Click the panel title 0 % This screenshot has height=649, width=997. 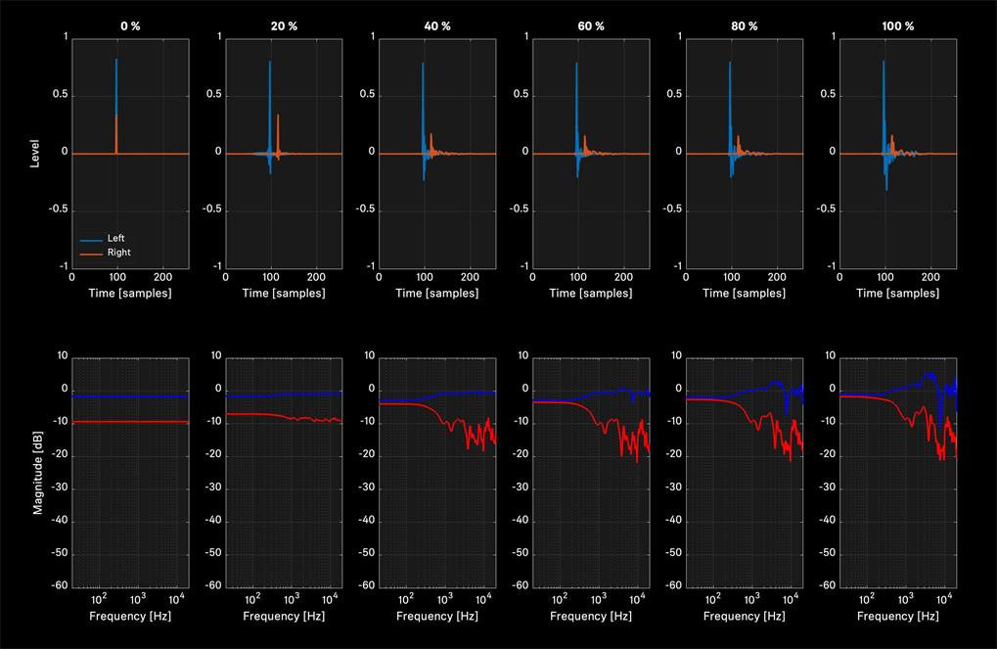pyautogui.click(x=130, y=26)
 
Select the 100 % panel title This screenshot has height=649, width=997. pyautogui.click(x=898, y=26)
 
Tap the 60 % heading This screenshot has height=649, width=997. pyautogui.click(x=591, y=26)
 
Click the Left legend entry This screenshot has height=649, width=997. pyautogui.click(x=115, y=238)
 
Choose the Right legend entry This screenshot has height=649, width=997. pyautogui.click(x=119, y=252)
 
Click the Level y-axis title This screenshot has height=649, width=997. pyautogui.click(x=34, y=154)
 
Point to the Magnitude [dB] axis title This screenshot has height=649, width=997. pyautogui.click(x=37, y=473)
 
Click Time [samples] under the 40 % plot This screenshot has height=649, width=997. pyautogui.click(x=436, y=293)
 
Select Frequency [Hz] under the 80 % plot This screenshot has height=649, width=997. pyautogui.click(x=744, y=616)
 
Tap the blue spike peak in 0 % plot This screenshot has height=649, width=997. pyautogui.click(x=115, y=60)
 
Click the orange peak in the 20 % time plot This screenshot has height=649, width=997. pyautogui.click(x=278, y=116)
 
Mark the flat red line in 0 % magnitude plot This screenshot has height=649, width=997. pyautogui.click(x=130, y=422)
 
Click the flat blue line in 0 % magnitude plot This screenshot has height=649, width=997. pyautogui.click(x=130, y=396)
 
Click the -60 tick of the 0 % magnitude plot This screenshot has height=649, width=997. pyautogui.click(x=60, y=585)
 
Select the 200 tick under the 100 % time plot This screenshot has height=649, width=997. pyautogui.click(x=930, y=277)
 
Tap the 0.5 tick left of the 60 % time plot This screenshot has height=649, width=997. pyautogui.click(x=521, y=94)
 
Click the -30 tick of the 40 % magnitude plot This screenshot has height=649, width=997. pyautogui.click(x=367, y=487)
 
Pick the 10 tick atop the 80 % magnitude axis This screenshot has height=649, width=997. pyautogui.click(x=676, y=355)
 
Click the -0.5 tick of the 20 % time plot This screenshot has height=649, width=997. pyautogui.click(x=211, y=209)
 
